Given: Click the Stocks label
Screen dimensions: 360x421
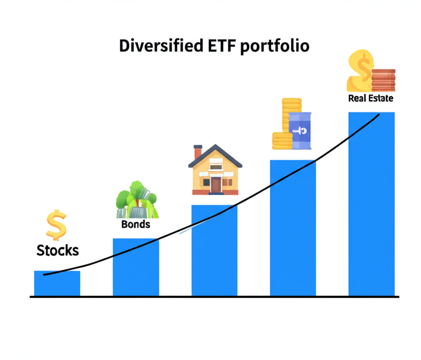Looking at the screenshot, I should click(x=58, y=250).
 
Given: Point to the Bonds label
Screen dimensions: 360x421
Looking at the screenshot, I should click(x=136, y=224).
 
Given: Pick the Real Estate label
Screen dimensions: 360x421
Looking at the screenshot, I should click(x=370, y=99).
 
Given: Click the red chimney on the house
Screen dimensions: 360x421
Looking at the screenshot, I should click(x=198, y=151).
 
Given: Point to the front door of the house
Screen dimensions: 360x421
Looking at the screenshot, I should click(x=216, y=185).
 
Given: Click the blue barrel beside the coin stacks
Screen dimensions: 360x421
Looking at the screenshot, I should click(x=300, y=131).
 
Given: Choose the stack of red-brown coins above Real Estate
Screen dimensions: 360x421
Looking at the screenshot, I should click(x=383, y=80).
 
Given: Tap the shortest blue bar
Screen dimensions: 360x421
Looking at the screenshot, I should click(x=57, y=284).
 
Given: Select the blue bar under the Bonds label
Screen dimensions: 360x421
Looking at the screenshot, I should click(x=136, y=267).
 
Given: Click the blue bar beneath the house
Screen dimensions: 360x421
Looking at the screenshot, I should click(x=215, y=251).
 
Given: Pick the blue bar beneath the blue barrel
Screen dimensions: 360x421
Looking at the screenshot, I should click(x=293, y=228).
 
